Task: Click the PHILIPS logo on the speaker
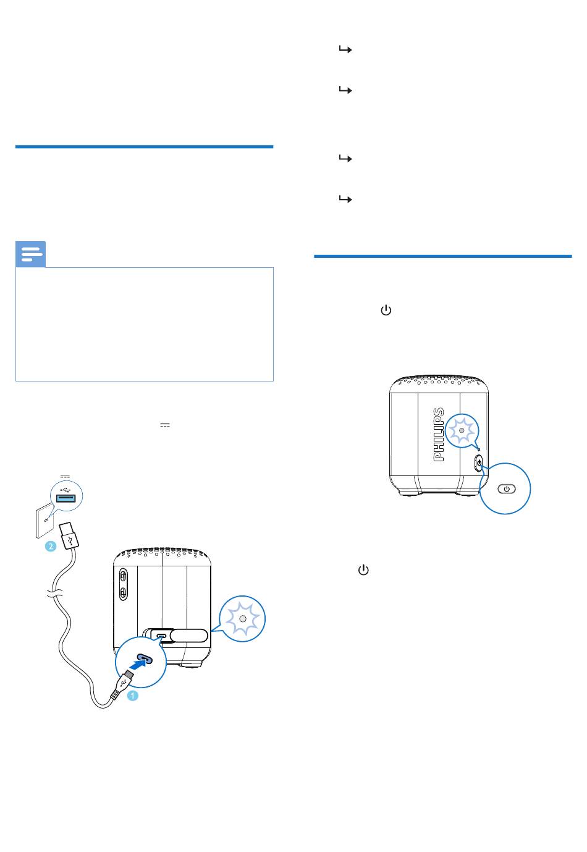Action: [438, 435]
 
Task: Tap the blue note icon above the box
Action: [30, 254]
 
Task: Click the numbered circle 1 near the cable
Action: [132, 696]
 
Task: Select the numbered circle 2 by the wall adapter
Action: [51, 547]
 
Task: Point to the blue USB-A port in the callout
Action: [67, 498]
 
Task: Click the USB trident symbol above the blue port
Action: [65, 488]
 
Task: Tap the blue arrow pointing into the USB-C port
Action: [138, 664]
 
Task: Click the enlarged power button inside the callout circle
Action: [507, 489]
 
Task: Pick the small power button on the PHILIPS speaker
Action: [479, 463]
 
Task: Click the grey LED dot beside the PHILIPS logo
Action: [462, 430]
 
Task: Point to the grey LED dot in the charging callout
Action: [243, 619]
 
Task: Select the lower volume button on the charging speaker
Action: [123, 592]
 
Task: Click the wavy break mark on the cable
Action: [56, 593]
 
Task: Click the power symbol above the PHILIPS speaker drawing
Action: [386, 310]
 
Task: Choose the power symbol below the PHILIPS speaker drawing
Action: [363, 570]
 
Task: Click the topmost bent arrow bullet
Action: [345, 49]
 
